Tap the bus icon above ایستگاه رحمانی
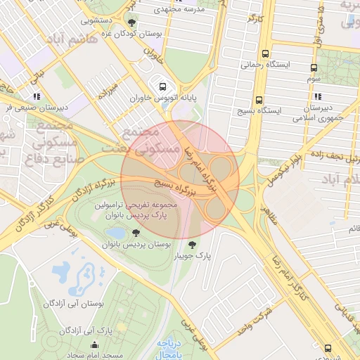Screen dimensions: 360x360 pos(265,53)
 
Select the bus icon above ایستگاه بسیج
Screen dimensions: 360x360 pos(259,100)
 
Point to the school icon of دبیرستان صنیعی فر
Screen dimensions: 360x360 pos(37,96)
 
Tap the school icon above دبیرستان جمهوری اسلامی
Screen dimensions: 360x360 pos(319,96)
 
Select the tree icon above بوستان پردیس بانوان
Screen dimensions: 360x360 pos(136,233)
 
